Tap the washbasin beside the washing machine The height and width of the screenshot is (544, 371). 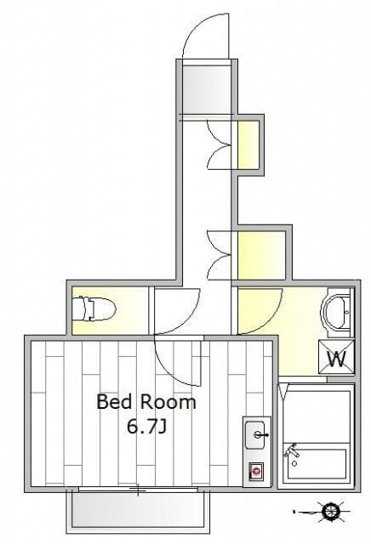[x=336, y=312]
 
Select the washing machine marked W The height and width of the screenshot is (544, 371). [x=336, y=357]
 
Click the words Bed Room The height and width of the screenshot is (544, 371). [x=146, y=402]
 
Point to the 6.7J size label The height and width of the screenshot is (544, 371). [x=146, y=426]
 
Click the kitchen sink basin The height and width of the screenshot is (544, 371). [x=256, y=434]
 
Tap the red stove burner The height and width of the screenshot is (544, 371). [x=256, y=471]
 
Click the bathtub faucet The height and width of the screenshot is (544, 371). [x=292, y=450]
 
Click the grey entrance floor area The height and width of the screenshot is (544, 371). [x=206, y=88]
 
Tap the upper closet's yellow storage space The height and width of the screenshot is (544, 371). [x=248, y=145]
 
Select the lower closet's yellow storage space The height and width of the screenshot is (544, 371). [x=261, y=255]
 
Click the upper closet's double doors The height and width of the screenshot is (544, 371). [x=220, y=144]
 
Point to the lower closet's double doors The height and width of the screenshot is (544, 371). [x=220, y=255]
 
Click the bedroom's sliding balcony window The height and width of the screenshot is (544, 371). [x=138, y=490]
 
